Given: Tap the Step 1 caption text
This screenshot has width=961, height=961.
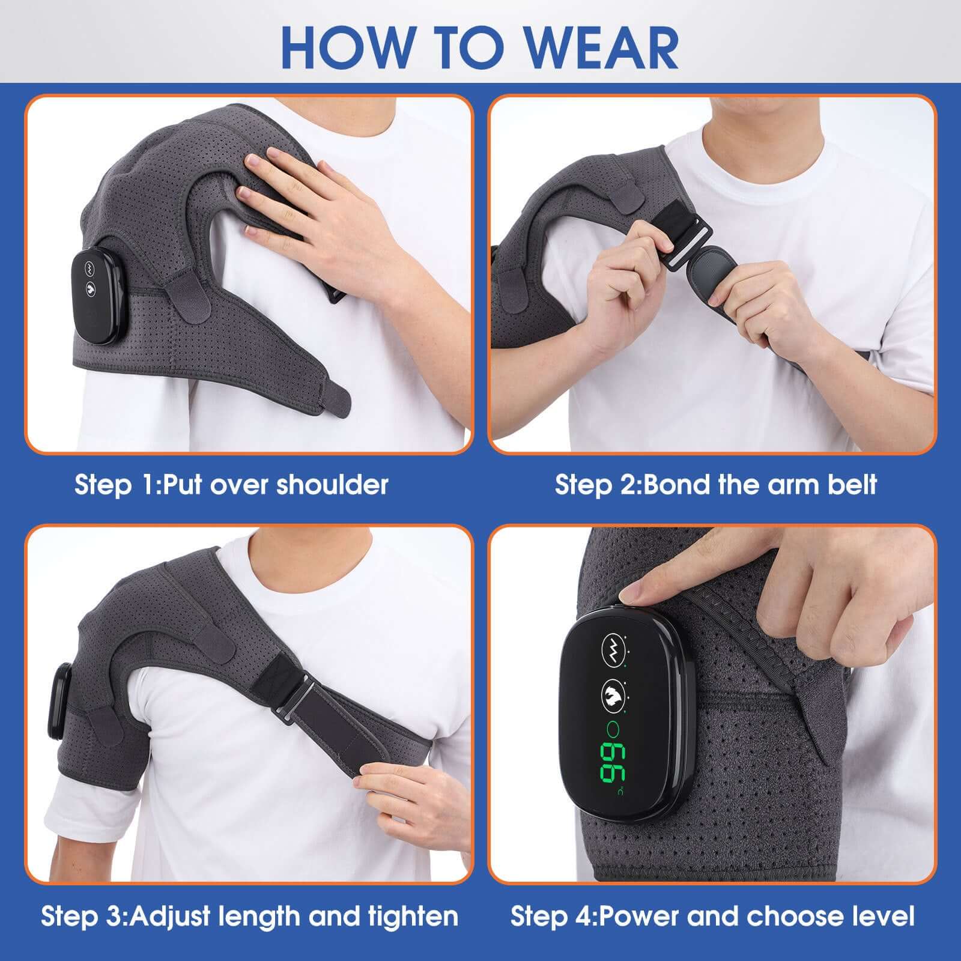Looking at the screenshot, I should [x=231, y=484].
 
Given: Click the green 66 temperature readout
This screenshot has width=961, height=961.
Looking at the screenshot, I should [x=611, y=763].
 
